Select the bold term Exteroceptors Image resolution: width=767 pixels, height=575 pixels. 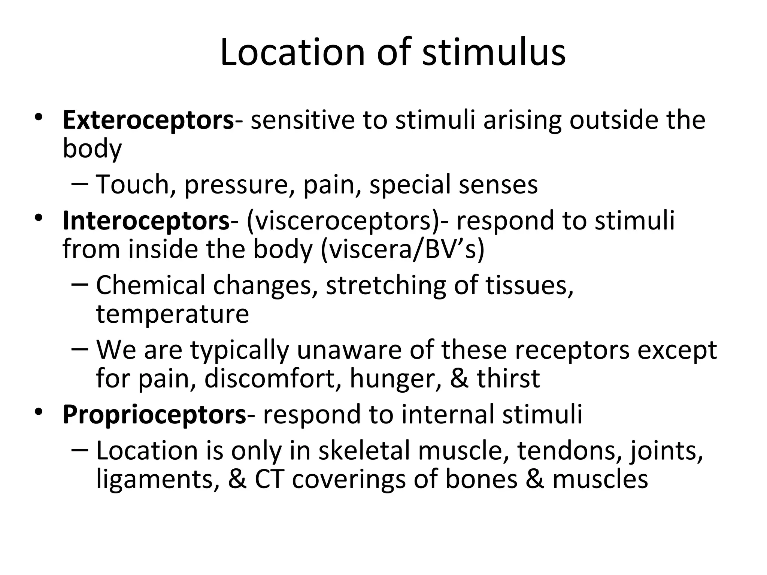(x=148, y=121)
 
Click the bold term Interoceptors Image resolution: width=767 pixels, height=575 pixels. (x=146, y=221)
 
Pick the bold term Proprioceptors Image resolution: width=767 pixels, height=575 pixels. (x=154, y=414)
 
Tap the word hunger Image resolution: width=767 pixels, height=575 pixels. (x=395, y=378)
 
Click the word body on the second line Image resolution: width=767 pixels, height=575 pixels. (x=92, y=149)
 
